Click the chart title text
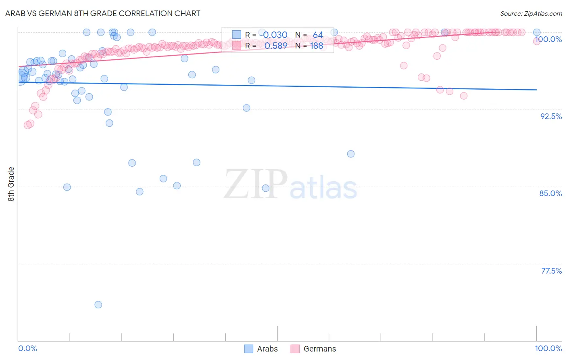click(102, 13)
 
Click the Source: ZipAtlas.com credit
click(531, 14)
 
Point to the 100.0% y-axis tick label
click(548, 39)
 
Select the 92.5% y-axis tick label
click(551, 116)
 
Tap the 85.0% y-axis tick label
click(550, 193)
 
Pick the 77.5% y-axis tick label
click(551, 271)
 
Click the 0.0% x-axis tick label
click(27, 348)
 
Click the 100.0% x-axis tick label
click(548, 348)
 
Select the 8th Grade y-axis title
click(11, 184)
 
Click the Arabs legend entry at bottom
click(267, 349)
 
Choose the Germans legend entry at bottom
click(319, 349)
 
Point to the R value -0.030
click(273, 35)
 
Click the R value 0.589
click(276, 46)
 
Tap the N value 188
click(317, 46)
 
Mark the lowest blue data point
click(98, 305)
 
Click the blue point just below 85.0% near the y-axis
click(67, 187)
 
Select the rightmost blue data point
click(537, 32)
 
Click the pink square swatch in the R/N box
click(236, 46)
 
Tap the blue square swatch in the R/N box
click(236, 35)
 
